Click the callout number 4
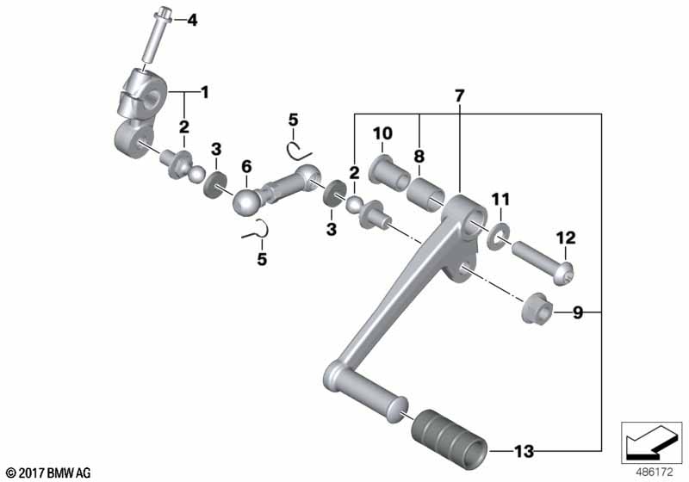192,20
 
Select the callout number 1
204,93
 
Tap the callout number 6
246,166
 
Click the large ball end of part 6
246,202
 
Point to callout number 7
460,96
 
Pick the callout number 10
382,133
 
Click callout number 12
566,238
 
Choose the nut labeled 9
537,307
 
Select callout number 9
578,312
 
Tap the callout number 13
525,451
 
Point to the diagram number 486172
655,473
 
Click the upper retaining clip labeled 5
299,151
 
